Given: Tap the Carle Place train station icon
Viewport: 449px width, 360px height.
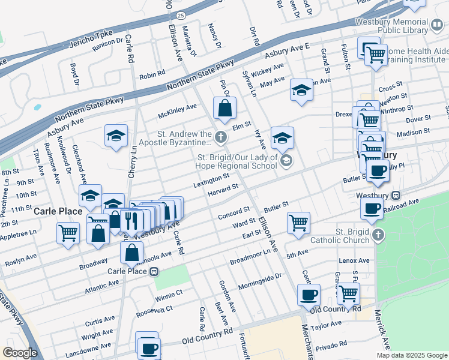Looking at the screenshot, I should (154, 271).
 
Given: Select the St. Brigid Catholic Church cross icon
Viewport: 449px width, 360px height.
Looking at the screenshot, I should (376, 235).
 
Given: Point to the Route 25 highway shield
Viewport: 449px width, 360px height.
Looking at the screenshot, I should (181, 12).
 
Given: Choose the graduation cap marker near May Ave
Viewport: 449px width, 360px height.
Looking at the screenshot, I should (301, 90).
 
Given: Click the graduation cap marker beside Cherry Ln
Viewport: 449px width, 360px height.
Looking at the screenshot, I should (116, 136).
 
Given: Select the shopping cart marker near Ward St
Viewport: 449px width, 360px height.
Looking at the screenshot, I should (298, 223).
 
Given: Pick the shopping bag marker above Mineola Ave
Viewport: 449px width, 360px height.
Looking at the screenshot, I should (131, 253).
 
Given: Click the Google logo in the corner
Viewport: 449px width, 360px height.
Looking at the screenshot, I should (20, 353).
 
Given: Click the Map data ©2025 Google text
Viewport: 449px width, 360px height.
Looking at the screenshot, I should (411, 355).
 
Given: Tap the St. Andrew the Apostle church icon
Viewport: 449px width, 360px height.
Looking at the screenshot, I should (221, 138).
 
